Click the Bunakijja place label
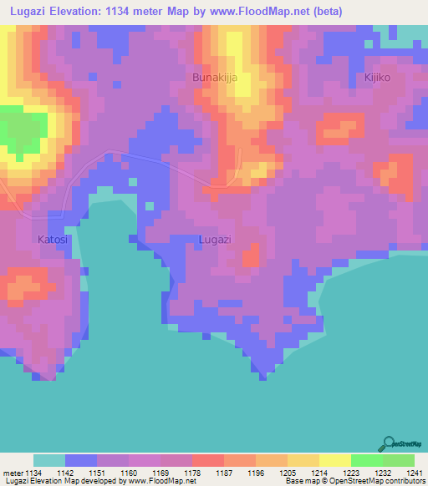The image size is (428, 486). point(215,78)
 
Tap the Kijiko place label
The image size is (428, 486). point(378,78)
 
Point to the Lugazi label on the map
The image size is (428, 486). point(215,240)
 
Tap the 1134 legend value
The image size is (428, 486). point(33,472)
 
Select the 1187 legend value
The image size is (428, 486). point(224,472)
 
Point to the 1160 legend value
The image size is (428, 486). point(129,472)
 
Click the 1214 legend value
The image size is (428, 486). point(319,472)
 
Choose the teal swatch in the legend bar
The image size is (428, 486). point(49,460)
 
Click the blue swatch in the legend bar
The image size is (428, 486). point(81,460)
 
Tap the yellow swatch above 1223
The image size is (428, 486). point(334,460)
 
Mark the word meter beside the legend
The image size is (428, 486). point(12,472)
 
